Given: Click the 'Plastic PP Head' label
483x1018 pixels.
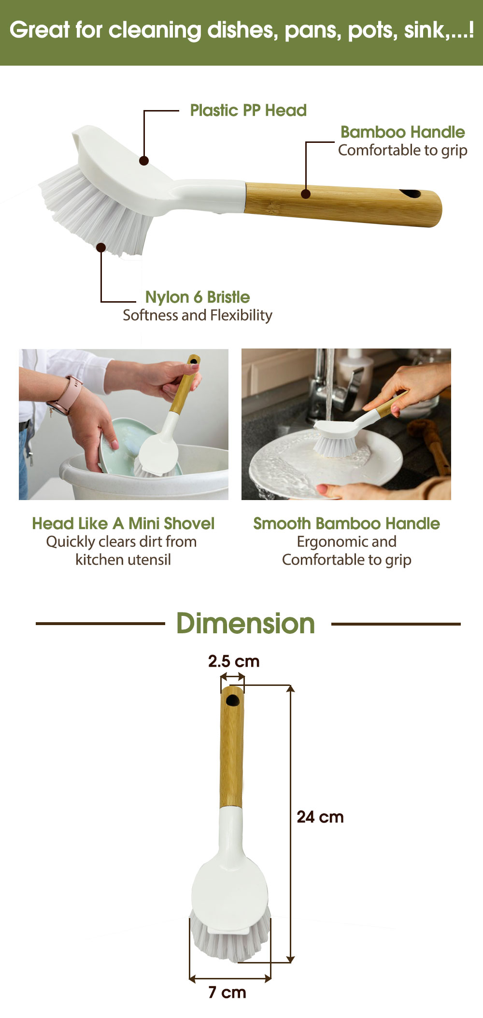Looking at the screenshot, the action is (x=248, y=111).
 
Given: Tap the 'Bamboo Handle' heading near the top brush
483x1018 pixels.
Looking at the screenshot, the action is (x=403, y=132).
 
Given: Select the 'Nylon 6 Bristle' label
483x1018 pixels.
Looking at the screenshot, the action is (x=198, y=297).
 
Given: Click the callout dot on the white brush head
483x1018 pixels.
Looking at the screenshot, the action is (x=144, y=161).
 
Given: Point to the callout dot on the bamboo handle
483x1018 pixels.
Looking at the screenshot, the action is (x=306, y=194).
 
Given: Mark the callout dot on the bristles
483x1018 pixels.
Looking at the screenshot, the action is (x=101, y=248).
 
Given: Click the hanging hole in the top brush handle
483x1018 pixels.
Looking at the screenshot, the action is (x=411, y=194).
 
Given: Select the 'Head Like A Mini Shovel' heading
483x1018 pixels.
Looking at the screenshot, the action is (x=123, y=523).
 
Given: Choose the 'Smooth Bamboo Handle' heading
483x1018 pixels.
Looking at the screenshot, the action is (x=347, y=523).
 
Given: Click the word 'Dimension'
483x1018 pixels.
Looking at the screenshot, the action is (x=245, y=623).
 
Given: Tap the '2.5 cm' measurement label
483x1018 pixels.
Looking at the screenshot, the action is (x=234, y=661).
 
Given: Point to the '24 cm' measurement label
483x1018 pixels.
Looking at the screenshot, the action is (x=320, y=817).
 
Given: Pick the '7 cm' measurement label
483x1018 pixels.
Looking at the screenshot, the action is (x=227, y=992).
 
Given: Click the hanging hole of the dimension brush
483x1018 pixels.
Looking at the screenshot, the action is (x=232, y=700).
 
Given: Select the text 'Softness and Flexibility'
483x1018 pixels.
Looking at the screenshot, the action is (x=198, y=315).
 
